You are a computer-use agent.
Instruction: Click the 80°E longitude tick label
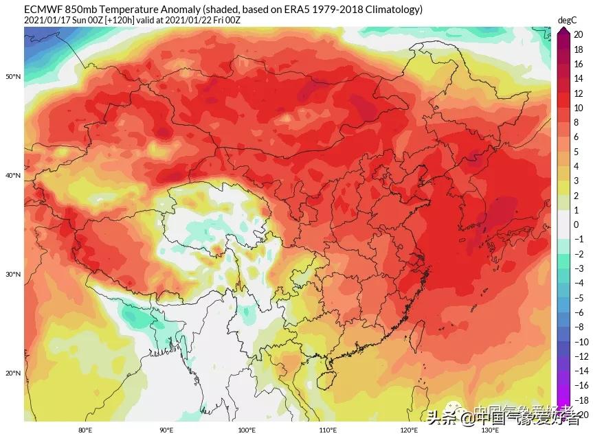coord(85,430)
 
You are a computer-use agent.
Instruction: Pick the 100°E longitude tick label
coord(247,430)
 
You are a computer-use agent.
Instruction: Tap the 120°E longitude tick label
coord(409,430)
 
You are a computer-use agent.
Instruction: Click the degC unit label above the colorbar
coord(566,21)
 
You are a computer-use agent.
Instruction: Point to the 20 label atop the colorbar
coord(579,34)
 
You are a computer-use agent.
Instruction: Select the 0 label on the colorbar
coord(577,224)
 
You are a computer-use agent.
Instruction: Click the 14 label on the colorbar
coord(579,78)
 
